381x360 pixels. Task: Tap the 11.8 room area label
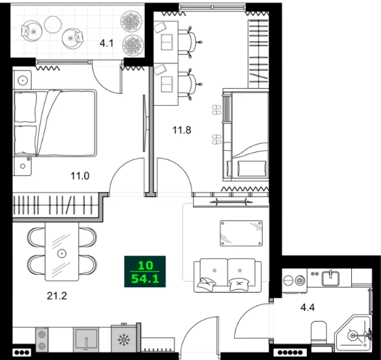click(182, 130)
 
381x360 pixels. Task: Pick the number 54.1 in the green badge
click(145, 279)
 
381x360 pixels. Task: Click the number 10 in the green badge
click(145, 266)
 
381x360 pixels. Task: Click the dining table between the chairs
click(62, 252)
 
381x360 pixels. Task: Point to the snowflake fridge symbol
click(124, 340)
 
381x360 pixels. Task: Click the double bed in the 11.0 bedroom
click(55, 124)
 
